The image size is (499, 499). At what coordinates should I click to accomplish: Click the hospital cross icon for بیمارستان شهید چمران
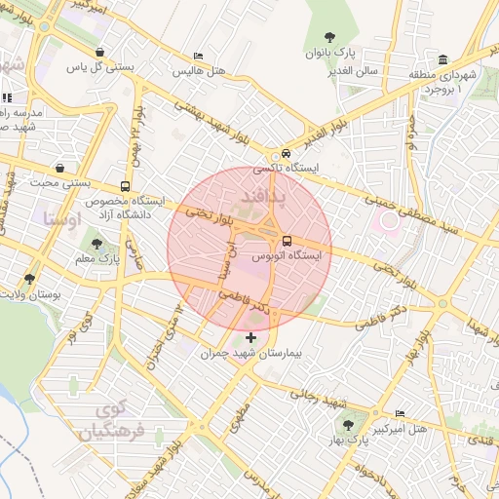251,338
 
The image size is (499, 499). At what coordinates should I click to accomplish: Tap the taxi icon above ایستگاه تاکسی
285,154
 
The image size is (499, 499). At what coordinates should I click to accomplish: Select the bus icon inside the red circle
287,241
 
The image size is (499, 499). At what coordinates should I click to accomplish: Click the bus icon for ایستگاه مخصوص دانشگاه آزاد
125,186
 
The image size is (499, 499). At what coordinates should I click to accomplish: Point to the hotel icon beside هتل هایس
199,57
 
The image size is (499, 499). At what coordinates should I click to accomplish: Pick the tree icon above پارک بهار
349,424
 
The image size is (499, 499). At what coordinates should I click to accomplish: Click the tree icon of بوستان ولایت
30,279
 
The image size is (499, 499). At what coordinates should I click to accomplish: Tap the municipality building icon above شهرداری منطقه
443,59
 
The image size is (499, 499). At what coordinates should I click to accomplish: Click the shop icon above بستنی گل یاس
99,53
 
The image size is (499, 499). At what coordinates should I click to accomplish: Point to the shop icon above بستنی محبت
60,168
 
